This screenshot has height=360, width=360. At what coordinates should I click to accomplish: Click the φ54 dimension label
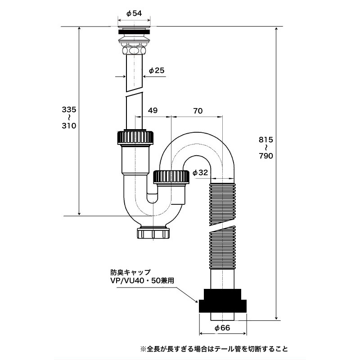coord(134,13)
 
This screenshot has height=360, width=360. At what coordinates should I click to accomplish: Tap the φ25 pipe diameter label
coord(157,70)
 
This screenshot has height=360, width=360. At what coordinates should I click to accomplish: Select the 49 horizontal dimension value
coord(153,110)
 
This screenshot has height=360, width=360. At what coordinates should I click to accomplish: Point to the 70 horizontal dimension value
coord(198,111)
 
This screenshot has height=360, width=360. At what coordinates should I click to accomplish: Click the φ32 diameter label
coord(200,172)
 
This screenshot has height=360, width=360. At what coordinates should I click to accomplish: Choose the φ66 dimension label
coord(222,328)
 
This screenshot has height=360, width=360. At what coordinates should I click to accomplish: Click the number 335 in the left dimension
coord(69,109)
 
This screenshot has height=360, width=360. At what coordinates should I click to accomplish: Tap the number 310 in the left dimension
coord(69,126)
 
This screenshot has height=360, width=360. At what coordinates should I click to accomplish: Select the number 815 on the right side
coord(266,139)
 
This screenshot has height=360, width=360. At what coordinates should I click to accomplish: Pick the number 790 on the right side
coord(266,156)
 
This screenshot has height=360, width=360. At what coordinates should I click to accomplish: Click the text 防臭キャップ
coord(130,272)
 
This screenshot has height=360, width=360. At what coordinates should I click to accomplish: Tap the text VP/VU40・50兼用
coord(142,280)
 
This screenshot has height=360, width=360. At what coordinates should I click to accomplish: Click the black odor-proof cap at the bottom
coord(222,301)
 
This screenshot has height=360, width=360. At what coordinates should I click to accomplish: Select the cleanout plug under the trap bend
coord(153,233)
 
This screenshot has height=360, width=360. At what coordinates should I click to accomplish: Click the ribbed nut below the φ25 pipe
coord(135,137)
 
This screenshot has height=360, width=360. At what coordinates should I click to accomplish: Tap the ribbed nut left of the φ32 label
coord(171,177)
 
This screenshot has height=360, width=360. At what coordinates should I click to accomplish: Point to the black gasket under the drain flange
coord(134,31)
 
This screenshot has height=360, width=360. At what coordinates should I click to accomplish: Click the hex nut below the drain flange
coord(134,50)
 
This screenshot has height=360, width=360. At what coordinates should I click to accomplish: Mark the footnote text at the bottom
coord(214,349)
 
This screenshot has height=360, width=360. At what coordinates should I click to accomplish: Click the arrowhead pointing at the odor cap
coord(196,301)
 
